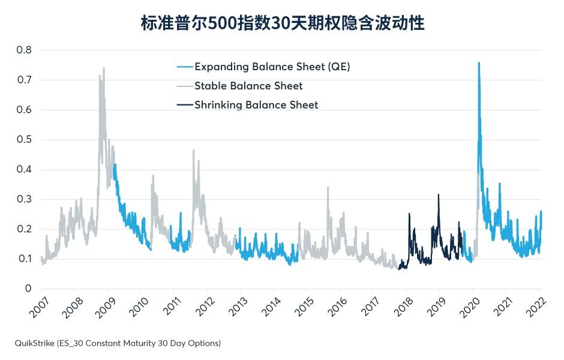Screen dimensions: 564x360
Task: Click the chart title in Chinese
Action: (x=283, y=23)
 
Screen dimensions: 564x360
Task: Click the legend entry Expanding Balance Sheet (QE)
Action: (x=272, y=67)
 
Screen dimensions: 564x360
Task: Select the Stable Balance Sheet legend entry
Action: (x=248, y=86)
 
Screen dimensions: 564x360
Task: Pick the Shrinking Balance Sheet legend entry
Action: (x=256, y=105)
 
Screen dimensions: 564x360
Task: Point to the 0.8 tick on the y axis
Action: (x=24, y=50)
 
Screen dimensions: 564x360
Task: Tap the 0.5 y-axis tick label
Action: (x=24, y=140)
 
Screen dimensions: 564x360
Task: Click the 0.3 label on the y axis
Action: (x=24, y=199)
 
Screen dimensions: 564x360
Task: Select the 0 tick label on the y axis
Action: (x=28, y=289)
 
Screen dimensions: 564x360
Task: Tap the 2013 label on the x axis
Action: (x=239, y=307)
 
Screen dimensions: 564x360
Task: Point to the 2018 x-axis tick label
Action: (x=404, y=307)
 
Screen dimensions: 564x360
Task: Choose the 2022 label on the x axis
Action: (x=537, y=307)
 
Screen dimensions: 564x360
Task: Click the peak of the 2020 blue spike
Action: (x=479, y=63)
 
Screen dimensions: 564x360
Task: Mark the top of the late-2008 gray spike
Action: (x=104, y=68)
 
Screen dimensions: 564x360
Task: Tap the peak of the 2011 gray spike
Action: (x=194, y=151)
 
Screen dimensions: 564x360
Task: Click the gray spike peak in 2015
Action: (x=328, y=187)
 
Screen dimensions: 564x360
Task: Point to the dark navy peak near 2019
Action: (x=439, y=195)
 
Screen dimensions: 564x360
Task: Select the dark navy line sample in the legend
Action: (x=185, y=105)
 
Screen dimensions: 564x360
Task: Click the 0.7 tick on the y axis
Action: (x=24, y=80)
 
